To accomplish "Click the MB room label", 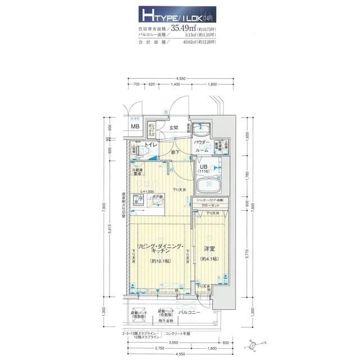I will point(135,127).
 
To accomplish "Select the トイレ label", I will point(151,146).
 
